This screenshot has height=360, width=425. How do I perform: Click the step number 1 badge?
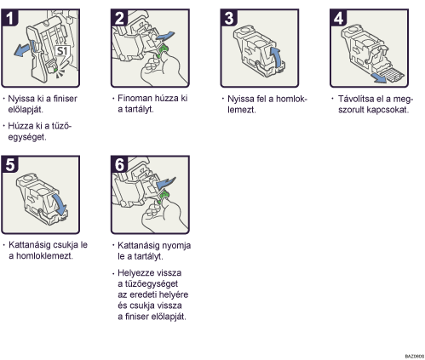coord(10,18)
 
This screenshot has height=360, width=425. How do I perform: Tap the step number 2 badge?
coord(119,18)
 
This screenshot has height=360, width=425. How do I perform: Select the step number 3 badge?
coord(229,18)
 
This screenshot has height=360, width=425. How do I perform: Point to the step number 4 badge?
coord(339,18)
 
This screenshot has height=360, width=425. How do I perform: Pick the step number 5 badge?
coord(10,164)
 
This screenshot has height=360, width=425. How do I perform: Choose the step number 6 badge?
coord(119,164)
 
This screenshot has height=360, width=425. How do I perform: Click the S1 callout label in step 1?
coord(62,51)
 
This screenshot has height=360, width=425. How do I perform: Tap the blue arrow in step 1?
coord(23,49)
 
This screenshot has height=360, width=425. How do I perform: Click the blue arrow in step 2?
coord(164,37)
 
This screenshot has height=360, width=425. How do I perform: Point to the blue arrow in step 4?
coord(380,77)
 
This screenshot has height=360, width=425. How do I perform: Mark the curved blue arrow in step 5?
coord(60,205)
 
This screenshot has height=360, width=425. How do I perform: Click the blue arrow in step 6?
coord(165,183)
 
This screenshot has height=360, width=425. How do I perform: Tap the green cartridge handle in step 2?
coord(163,51)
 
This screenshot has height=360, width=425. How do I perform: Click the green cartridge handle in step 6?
coord(163,197)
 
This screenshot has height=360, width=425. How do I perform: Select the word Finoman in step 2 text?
coord(135,98)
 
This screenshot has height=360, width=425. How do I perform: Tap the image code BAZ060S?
coord(415,356)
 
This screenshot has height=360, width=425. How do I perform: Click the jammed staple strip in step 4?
coord(391,74)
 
